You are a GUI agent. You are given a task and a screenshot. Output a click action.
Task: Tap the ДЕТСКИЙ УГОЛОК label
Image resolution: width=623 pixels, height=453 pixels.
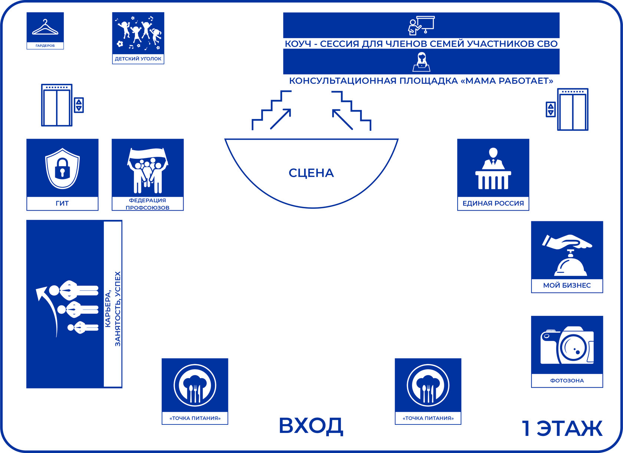(138, 59)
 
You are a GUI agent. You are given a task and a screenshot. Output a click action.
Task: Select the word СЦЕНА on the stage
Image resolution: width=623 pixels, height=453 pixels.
(311, 173)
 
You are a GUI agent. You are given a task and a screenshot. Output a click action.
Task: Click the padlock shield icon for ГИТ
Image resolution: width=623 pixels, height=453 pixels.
(62, 169)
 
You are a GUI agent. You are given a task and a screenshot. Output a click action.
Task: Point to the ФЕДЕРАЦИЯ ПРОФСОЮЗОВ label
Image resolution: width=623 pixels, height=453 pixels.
(148, 204)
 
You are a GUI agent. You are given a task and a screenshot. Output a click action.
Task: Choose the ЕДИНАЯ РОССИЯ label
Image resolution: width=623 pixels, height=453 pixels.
(493, 203)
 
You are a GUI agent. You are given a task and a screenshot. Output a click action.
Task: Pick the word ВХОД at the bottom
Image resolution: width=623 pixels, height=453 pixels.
(311, 426)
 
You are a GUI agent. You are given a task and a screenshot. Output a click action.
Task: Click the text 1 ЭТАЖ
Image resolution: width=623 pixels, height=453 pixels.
(562, 429)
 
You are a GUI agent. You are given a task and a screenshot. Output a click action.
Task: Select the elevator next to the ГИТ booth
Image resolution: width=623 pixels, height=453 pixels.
(57, 105)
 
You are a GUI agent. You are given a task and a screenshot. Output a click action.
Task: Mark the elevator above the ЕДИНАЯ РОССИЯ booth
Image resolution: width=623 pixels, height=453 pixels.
(573, 110)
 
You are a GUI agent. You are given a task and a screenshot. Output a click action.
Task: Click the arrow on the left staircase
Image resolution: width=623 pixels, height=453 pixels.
(280, 119)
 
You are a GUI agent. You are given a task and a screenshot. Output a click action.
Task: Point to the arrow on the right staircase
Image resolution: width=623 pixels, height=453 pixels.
(342, 119)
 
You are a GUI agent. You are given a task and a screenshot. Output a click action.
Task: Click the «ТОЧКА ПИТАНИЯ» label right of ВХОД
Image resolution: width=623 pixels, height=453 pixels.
(428, 418)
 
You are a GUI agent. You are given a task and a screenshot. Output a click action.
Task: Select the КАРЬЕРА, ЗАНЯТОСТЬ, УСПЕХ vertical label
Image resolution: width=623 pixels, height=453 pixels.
(113, 309)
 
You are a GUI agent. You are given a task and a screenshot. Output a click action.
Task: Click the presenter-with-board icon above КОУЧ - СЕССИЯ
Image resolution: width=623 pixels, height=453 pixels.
(421, 25)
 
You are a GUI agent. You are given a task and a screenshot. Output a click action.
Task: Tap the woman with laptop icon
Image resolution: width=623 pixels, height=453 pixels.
(421, 62)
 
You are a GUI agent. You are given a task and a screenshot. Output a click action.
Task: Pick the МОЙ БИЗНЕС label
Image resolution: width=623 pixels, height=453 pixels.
(567, 285)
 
